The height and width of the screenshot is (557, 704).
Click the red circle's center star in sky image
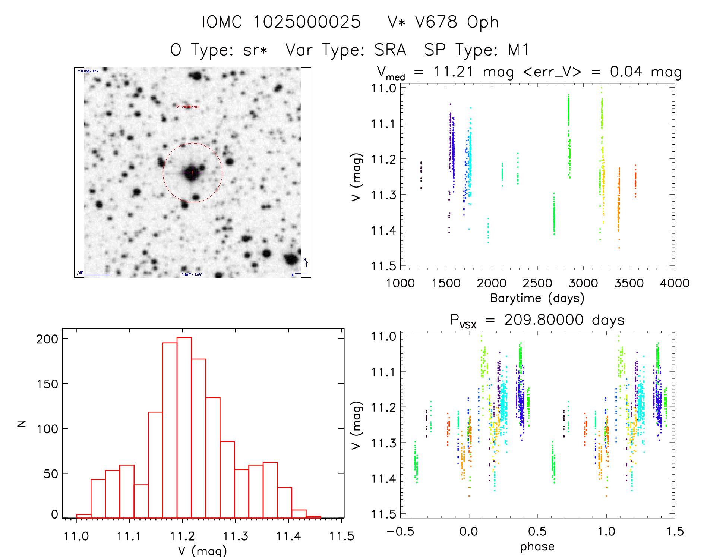point(192,172)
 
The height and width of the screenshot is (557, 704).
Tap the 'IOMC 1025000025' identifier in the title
point(281,22)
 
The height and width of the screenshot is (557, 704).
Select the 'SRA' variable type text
point(390,50)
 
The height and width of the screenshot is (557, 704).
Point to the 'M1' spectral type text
point(518,50)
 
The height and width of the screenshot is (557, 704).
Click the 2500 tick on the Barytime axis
point(537,283)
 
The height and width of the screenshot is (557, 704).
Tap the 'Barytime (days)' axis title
point(537,298)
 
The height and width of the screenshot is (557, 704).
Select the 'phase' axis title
point(537,547)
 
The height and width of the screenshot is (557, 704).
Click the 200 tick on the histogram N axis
point(47,339)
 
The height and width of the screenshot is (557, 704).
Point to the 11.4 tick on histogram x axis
point(288,536)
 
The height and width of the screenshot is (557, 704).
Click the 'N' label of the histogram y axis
point(22,423)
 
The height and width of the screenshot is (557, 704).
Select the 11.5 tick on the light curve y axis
point(383,266)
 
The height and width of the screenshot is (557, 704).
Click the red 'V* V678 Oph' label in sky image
point(187,107)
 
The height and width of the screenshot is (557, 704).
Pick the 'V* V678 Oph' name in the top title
point(443,22)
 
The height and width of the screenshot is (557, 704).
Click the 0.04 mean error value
point(626,72)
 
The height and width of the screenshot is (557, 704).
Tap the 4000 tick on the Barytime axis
point(675,283)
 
